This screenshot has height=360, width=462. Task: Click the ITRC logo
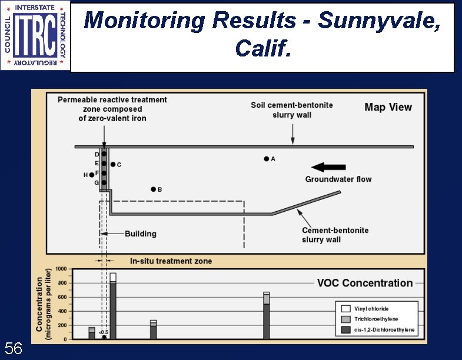click(35, 35)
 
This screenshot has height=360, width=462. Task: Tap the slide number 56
click(14, 349)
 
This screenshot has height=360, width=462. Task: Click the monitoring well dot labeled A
click(266, 159)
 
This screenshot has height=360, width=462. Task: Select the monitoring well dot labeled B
click(153, 189)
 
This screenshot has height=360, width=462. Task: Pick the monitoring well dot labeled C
click(112, 165)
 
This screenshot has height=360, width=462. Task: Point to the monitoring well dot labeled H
click(91, 175)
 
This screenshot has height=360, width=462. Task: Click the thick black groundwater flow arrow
click(328, 166)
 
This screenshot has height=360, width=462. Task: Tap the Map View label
click(388, 107)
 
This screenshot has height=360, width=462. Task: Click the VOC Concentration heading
click(365, 283)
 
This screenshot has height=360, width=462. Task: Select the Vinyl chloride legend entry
click(370, 309)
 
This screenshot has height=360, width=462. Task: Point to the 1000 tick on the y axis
click(61, 269)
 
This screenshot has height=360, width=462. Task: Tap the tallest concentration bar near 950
click(113, 306)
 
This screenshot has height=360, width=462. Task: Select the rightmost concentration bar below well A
click(267, 315)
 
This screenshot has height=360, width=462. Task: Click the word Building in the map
click(140, 234)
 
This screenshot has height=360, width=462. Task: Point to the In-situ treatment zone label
click(171, 261)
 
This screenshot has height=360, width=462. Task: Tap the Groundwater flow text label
click(338, 179)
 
